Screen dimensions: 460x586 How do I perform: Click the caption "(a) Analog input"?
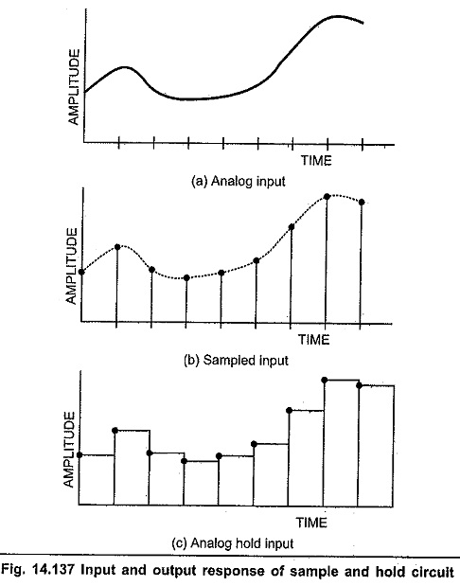238,181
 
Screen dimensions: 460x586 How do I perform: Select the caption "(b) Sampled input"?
237,361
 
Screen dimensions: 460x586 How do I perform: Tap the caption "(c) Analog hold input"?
233,543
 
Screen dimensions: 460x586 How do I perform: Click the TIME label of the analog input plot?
316,161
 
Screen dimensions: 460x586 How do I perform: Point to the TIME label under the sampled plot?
314,340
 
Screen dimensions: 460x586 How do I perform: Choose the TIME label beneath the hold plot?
311,523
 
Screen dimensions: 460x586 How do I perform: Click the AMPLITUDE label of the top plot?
74,87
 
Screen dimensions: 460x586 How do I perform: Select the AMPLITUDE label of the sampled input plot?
71,266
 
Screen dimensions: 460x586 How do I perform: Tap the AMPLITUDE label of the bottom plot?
69,450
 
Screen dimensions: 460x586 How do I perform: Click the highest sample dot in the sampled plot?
327,196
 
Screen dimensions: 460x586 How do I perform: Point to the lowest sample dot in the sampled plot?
186,277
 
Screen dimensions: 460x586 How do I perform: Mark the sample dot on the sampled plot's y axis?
81,272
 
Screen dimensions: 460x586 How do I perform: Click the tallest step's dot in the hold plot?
325,380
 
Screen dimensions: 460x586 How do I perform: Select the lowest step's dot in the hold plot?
184,461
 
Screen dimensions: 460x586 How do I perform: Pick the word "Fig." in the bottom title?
14,571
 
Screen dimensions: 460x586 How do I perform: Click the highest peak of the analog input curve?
338,16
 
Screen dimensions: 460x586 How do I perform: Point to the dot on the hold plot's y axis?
80,454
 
